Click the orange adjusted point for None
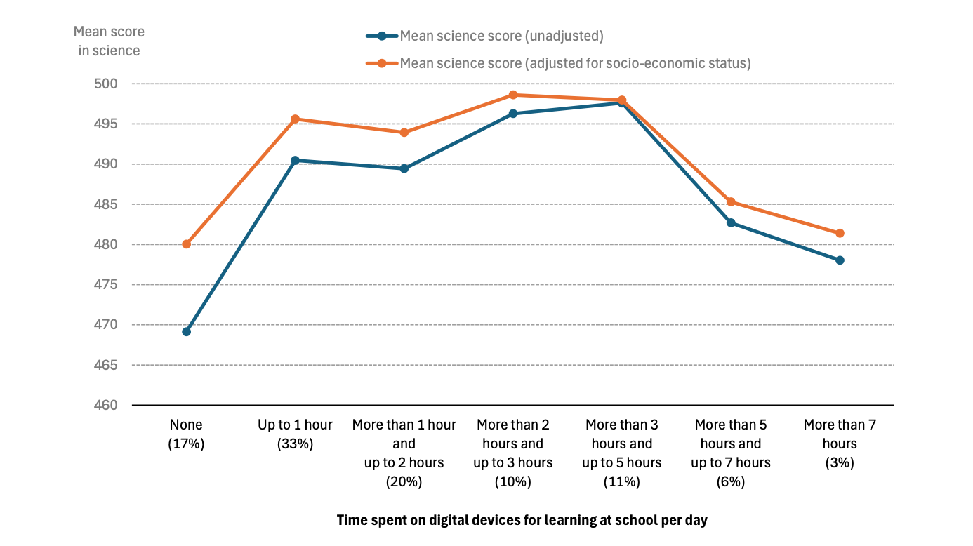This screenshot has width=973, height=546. tap(186, 244)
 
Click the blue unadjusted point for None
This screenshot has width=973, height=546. tap(186, 332)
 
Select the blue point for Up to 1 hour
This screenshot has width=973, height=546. tap(295, 160)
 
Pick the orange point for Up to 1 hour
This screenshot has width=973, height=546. tap(295, 119)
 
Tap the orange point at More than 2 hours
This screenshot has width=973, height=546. tap(513, 95)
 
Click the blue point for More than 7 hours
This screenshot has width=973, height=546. tap(840, 260)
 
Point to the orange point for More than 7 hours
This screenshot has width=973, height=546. tap(840, 233)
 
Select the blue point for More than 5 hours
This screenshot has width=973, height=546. tap(731, 223)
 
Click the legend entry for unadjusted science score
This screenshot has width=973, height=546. tap(485, 36)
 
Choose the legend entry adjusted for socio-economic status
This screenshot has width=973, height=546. tap(558, 63)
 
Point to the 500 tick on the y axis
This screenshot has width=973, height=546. tap(105, 84)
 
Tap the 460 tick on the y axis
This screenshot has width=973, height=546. tap(105, 405)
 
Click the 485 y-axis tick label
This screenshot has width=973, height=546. tap(105, 204)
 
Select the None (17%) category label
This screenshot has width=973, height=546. tap(186, 434)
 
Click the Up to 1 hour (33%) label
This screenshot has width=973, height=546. tap(295, 434)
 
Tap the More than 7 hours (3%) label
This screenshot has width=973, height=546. tap(840, 444)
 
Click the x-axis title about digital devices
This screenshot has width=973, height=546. tap(522, 520)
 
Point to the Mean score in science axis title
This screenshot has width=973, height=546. tap(109, 41)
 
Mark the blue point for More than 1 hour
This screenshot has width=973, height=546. tap(404, 168)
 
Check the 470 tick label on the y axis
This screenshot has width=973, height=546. tap(105, 324)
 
